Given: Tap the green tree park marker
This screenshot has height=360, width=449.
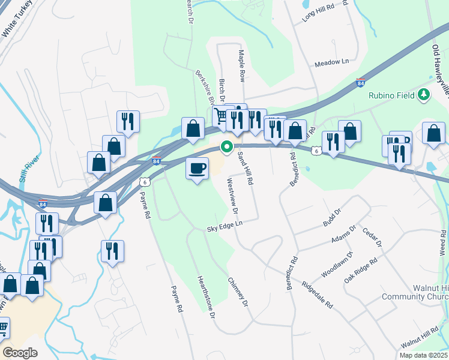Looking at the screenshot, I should (x=424, y=94).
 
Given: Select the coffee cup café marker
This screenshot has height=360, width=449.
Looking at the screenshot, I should (x=196, y=168).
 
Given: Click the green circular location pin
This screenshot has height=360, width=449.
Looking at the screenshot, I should (x=227, y=146).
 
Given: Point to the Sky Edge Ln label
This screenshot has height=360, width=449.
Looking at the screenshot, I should (x=224, y=225).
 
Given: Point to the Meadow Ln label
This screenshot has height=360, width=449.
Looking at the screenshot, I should (x=331, y=62).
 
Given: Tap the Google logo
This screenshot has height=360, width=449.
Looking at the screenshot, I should (x=19, y=353).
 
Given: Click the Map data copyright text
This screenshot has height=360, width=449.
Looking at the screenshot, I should (x=423, y=355).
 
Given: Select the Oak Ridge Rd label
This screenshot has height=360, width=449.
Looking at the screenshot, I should (x=361, y=272).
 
